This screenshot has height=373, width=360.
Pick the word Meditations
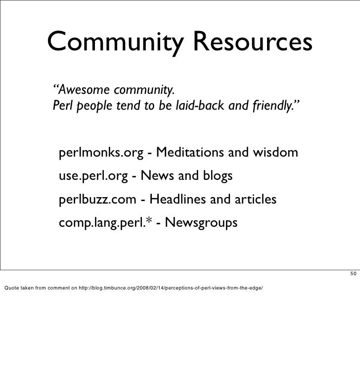[x=190, y=154]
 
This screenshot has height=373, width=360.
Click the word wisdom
[x=273, y=154]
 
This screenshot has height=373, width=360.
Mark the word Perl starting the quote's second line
[x=62, y=106]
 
